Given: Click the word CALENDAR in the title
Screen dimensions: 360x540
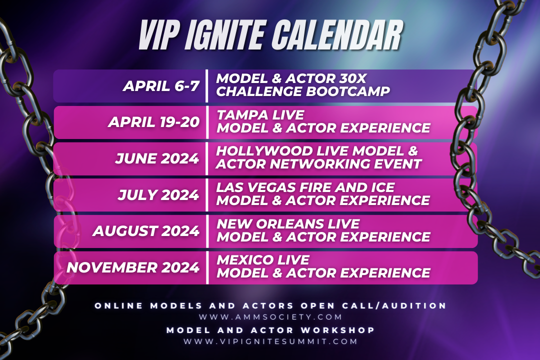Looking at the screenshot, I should pos(330,36).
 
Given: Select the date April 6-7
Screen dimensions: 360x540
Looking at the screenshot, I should pos(161,86).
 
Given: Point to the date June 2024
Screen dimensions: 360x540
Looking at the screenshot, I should pos(157,158).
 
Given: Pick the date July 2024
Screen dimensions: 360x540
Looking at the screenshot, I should pos(158,194).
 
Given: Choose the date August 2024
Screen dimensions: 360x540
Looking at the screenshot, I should pos(146,230).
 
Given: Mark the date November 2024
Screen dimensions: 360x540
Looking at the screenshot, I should pos(133,267).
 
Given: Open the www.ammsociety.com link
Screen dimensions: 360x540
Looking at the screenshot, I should pos(270,317).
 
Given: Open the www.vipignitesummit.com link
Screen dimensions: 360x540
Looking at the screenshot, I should pos(270,341).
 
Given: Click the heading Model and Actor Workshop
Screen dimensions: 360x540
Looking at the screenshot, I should pos(270,330).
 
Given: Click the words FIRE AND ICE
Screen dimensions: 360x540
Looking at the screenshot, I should pos(347,187).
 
